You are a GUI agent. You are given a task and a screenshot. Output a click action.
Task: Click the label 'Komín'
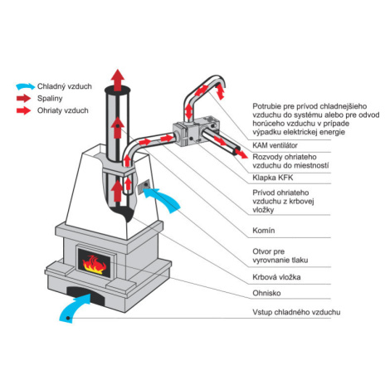tap(264, 231)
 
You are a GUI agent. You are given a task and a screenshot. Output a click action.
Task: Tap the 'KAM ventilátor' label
tap(275, 145)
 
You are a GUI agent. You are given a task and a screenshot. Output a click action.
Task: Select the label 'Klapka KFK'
tap(273, 178)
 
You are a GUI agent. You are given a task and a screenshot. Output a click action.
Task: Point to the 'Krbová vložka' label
tap(276, 277)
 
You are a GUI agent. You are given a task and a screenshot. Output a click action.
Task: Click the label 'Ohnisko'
tap(266, 293)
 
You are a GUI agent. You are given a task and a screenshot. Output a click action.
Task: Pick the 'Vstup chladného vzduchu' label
tap(296, 312)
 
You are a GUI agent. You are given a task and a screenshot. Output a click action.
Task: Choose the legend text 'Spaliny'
tap(50, 99)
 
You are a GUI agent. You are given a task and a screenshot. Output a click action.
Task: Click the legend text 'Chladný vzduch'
tap(65, 86)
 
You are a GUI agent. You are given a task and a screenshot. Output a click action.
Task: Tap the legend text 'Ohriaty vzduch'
tap(63, 110)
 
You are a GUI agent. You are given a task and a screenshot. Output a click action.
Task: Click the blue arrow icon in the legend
tap(26, 86)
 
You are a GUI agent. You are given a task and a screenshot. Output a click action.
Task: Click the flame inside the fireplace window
tap(94, 265)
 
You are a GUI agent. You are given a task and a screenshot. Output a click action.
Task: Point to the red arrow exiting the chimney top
tap(118, 80)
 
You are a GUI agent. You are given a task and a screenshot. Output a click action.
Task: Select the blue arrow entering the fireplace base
tap(74, 307)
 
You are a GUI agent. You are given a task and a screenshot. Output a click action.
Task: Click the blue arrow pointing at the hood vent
tap(164, 197)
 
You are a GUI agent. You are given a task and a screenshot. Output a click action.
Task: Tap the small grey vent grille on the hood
tap(144, 186)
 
